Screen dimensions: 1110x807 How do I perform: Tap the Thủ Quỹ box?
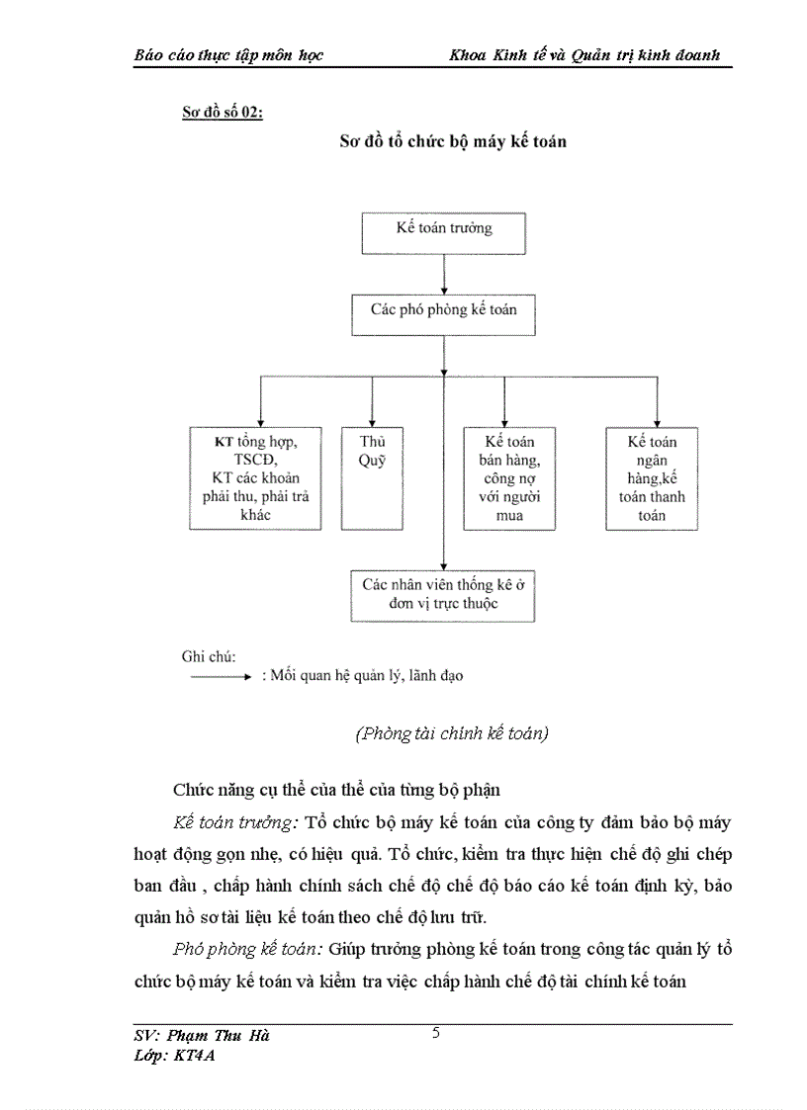(371, 477)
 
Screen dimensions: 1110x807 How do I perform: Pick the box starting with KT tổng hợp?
(255, 477)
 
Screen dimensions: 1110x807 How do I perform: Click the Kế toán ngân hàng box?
(652, 477)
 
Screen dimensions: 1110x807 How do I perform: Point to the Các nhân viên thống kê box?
(443, 594)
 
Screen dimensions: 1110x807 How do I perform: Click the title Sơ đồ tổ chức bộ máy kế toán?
(453, 141)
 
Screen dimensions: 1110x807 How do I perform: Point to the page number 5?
(436, 1034)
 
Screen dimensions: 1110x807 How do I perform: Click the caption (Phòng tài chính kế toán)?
(451, 733)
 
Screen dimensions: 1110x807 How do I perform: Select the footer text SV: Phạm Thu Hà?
(202, 1036)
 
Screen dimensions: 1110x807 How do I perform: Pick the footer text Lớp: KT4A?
(174, 1056)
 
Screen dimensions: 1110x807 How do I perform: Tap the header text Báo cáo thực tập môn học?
(228, 55)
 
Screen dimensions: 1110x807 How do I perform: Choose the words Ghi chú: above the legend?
(202, 655)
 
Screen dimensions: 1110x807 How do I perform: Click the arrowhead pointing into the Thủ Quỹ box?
(371, 420)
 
